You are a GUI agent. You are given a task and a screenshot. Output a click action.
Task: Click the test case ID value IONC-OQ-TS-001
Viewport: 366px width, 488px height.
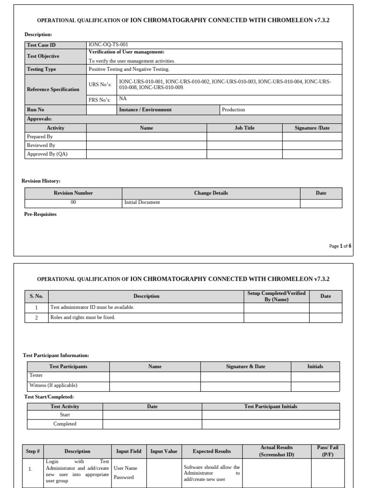[x=109, y=45]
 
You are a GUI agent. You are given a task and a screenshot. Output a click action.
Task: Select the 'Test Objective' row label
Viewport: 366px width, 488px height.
[x=43, y=56]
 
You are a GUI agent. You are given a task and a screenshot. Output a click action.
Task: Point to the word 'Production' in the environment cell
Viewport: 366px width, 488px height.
[x=234, y=110]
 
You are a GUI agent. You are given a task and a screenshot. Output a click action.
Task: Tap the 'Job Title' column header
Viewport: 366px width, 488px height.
[x=244, y=128]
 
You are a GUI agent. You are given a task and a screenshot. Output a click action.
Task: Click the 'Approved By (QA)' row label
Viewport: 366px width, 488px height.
[x=47, y=154]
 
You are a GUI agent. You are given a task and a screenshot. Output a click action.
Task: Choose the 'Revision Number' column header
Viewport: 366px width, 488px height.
[x=73, y=193]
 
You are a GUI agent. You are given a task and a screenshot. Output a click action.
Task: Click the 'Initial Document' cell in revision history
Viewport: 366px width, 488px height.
[x=142, y=203]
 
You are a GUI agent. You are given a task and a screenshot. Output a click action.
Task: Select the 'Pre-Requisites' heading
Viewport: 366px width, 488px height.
[x=41, y=214]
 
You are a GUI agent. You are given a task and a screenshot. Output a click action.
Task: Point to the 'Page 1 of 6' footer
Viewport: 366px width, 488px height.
[x=340, y=246]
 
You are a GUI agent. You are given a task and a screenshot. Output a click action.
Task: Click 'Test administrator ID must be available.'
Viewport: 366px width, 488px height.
[x=92, y=307]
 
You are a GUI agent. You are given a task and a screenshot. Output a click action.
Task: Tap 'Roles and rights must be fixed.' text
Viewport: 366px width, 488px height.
[x=83, y=317]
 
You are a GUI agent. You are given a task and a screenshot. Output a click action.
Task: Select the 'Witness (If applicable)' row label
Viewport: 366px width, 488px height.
[x=53, y=386]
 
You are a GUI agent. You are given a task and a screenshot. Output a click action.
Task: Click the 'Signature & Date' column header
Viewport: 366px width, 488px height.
[x=245, y=366]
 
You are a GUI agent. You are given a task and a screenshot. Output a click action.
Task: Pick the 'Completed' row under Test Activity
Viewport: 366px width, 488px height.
[x=65, y=424]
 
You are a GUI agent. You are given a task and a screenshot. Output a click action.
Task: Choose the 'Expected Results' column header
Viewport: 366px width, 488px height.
[x=212, y=451]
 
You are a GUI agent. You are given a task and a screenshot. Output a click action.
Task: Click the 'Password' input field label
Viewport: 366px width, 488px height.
[x=124, y=478]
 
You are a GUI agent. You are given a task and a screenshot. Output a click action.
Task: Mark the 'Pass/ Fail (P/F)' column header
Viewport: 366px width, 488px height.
[x=328, y=451]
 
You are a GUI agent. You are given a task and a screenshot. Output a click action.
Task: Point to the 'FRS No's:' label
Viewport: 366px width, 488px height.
[x=100, y=100]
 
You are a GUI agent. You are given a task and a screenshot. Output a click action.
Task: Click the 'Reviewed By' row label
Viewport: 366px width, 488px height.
[x=41, y=145]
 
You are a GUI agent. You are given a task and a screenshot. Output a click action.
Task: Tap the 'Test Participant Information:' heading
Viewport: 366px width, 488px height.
[x=56, y=356]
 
